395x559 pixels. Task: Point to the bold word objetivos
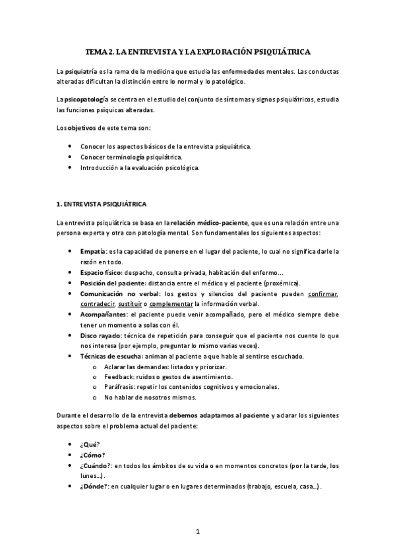click(82, 127)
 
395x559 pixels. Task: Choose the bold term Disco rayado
click(102, 335)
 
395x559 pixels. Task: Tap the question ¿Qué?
click(90, 444)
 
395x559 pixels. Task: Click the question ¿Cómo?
click(93, 455)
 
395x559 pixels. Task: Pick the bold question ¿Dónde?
click(95, 486)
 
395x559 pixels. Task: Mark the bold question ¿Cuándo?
click(96, 465)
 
